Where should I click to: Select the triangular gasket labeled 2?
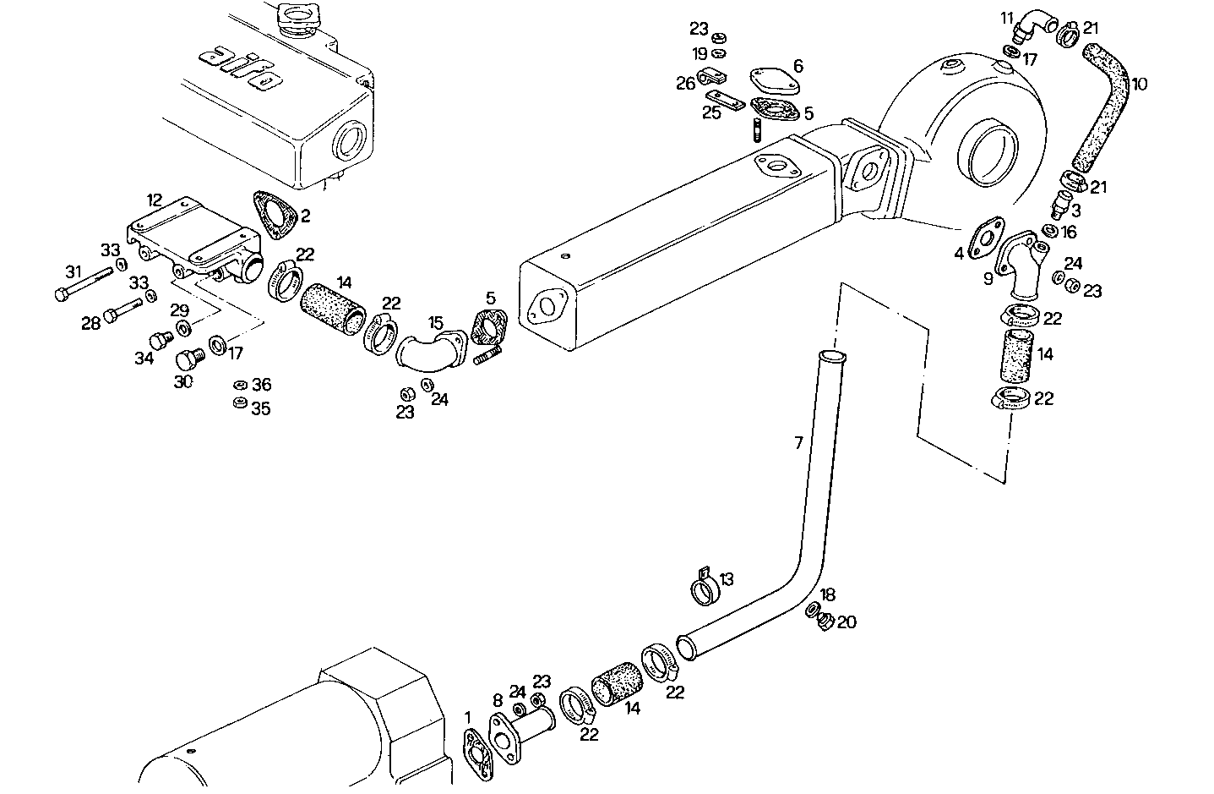pyautogui.click(x=271, y=211)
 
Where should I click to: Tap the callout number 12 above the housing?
pyautogui.click(x=154, y=200)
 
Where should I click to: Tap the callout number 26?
pyautogui.click(x=685, y=83)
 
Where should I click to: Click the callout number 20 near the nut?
pyautogui.click(x=847, y=622)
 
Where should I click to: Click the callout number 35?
pyautogui.click(x=261, y=408)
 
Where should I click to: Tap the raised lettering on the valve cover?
pyautogui.click(x=240, y=68)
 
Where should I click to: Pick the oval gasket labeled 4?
pyautogui.click(x=985, y=238)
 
